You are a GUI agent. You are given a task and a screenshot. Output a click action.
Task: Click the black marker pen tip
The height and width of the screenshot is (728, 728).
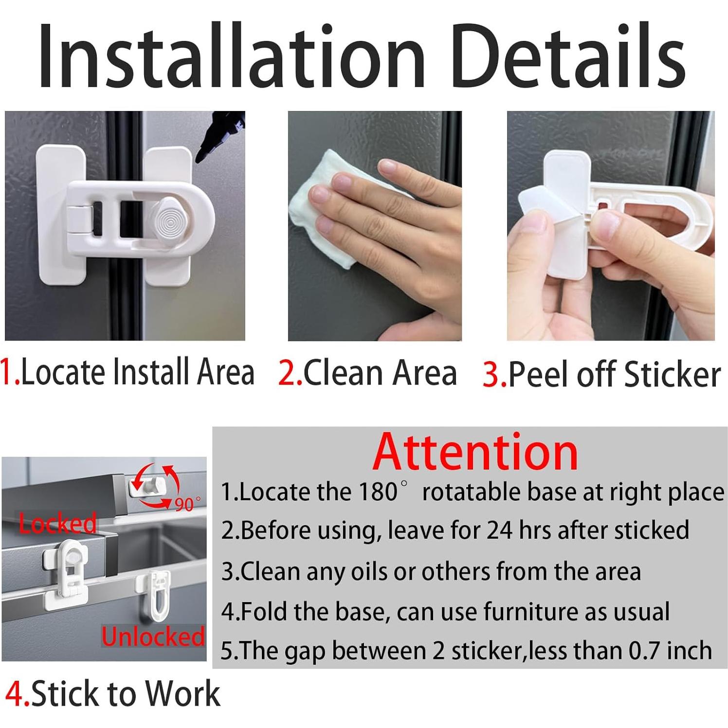tap(200, 157)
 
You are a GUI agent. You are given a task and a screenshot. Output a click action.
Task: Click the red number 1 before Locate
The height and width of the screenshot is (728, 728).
tap(9, 373)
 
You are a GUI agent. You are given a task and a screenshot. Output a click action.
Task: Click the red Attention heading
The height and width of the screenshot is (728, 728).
tap(475, 452)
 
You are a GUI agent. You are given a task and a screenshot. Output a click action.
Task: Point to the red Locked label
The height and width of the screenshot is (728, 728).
tap(57, 524)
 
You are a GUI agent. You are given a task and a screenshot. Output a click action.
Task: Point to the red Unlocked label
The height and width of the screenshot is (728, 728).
tap(153, 637)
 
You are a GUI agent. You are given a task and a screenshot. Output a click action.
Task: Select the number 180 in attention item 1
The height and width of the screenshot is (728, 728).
tap(378, 492)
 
